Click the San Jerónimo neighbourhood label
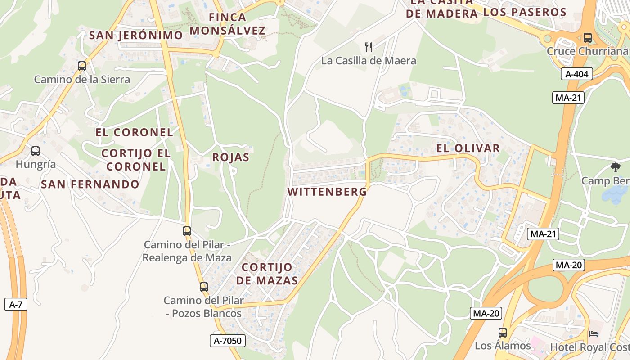136,35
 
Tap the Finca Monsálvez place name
227,24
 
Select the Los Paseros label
524,12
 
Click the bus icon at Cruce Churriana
587,37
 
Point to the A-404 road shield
576,74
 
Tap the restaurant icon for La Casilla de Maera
369,46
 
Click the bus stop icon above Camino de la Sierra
82,66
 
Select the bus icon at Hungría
36,151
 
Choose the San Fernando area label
90,184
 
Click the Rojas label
230,157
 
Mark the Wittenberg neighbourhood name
327,192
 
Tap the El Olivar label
468,148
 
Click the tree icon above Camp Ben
615,167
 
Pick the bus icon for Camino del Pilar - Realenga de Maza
187,231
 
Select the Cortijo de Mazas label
267,274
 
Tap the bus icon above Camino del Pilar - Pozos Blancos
204,287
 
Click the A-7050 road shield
228,341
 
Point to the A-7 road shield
16,304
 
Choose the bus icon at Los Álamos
503,333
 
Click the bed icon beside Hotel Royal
594,333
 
